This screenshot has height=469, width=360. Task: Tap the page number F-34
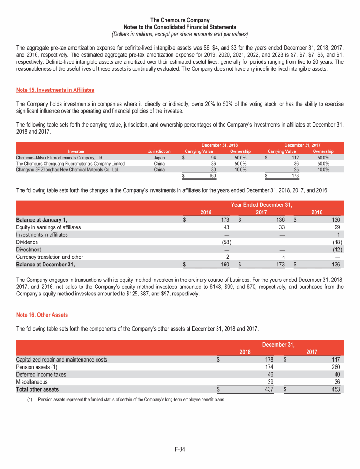point(180,450)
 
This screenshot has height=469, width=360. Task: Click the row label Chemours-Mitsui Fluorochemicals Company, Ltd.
point(59,158)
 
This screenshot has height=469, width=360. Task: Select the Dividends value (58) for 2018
point(224,242)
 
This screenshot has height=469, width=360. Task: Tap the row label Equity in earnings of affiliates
point(48,227)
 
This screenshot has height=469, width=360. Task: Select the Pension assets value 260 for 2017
point(334,367)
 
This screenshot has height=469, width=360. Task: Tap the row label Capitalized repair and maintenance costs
point(61,360)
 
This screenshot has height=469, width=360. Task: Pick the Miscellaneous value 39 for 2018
point(270,382)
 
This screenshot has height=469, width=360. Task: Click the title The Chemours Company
point(180,20)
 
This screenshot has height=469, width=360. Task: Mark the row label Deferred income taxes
point(41,375)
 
